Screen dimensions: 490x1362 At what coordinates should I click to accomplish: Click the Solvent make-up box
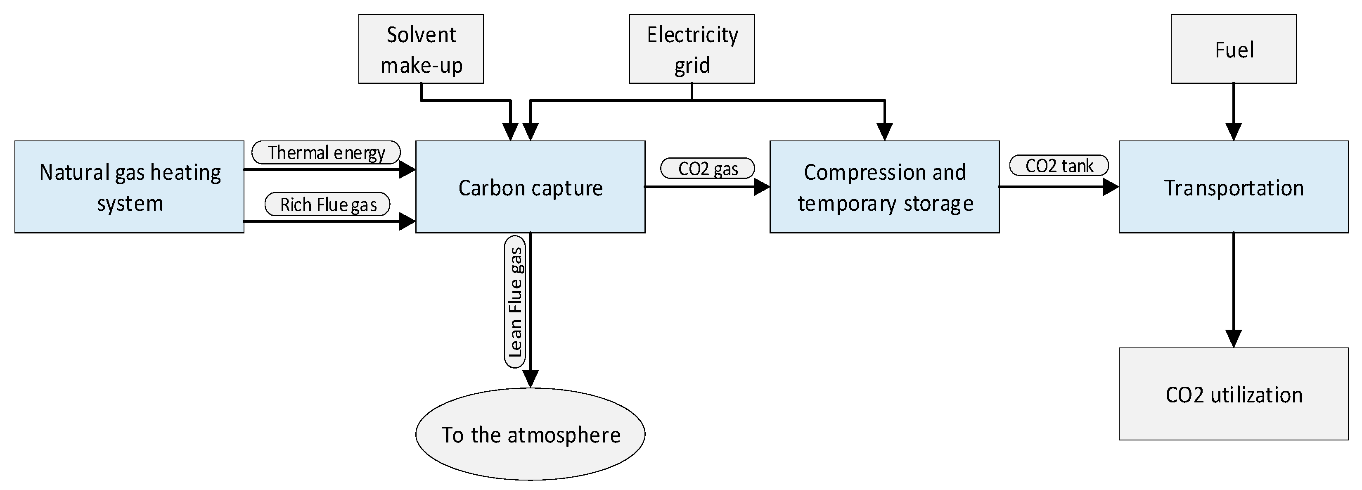[x=421, y=49]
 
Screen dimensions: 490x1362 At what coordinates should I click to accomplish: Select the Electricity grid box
[x=692, y=49]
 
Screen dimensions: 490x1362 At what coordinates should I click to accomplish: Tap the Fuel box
[x=1233, y=49]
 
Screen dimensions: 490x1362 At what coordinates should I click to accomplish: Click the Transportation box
[x=1233, y=187]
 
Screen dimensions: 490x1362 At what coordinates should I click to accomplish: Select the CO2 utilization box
[x=1233, y=394]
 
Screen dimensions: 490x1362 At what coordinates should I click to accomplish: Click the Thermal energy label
[x=326, y=152]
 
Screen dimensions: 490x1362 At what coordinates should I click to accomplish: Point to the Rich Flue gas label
[x=327, y=204]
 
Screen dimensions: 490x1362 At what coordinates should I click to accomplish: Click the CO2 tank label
[x=1059, y=166]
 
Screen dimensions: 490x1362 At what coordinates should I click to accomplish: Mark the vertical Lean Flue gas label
[x=514, y=302]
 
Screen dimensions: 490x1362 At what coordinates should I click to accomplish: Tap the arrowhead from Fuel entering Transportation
[x=1233, y=132]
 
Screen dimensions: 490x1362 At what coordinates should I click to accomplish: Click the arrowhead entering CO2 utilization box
[x=1233, y=339]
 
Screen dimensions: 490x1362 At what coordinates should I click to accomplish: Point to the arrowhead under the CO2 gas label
[x=761, y=187]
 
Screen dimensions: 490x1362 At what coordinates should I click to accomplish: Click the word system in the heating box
[x=130, y=204]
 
